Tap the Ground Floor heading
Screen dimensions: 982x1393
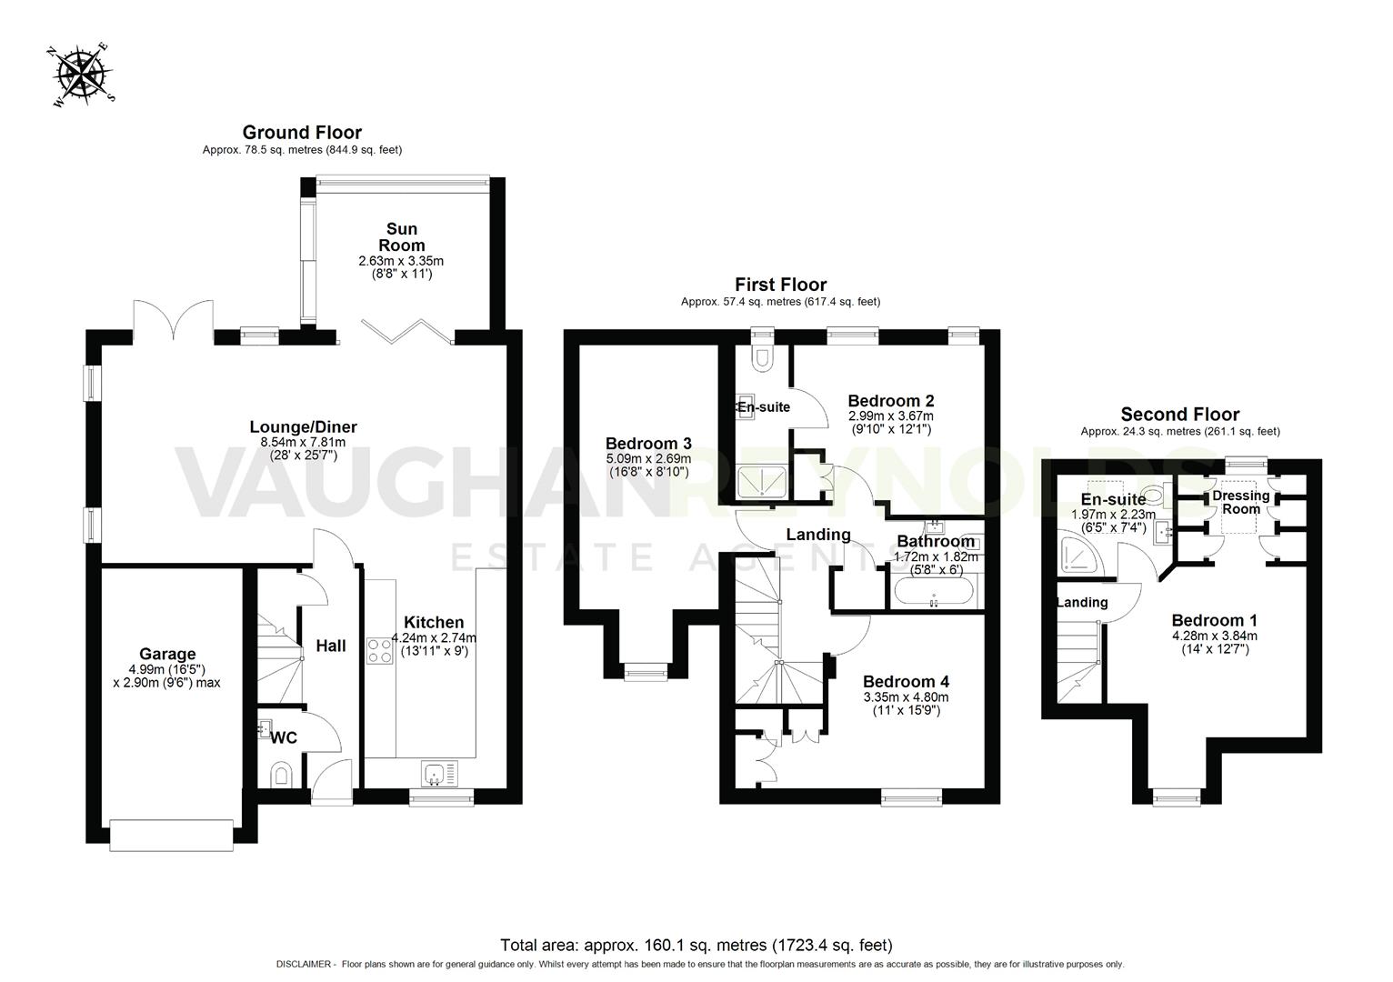pos(302,133)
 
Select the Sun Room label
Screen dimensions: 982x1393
pos(401,237)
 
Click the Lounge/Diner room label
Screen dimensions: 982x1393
pos(303,427)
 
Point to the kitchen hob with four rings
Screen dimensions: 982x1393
pos(379,650)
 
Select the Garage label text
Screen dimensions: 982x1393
pos(167,654)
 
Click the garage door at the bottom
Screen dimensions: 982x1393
pos(171,835)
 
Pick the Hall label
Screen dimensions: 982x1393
pos(331,646)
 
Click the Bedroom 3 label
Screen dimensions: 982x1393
pos(648,444)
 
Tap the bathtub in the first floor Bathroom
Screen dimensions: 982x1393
pos(934,596)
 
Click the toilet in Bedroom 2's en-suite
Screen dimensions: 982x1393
pos(762,359)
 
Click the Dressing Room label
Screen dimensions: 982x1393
pos(1240,502)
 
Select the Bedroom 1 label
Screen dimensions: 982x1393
pos(1214,622)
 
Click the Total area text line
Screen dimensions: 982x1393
pos(696,946)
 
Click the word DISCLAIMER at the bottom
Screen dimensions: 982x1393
pos(305,964)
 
